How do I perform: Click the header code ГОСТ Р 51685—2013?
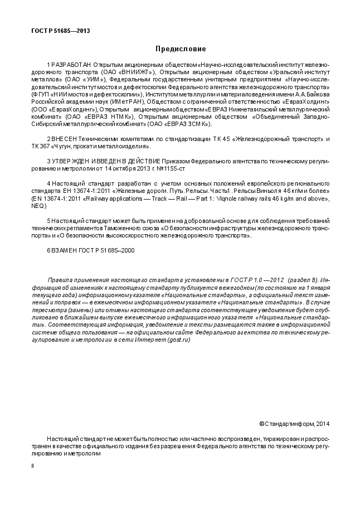[x=60, y=32]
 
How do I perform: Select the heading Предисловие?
[x=180, y=49]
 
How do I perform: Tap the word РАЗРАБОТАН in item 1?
[x=72, y=65]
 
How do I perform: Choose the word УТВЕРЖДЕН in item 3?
[x=72, y=161]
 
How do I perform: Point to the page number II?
[x=32, y=466]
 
